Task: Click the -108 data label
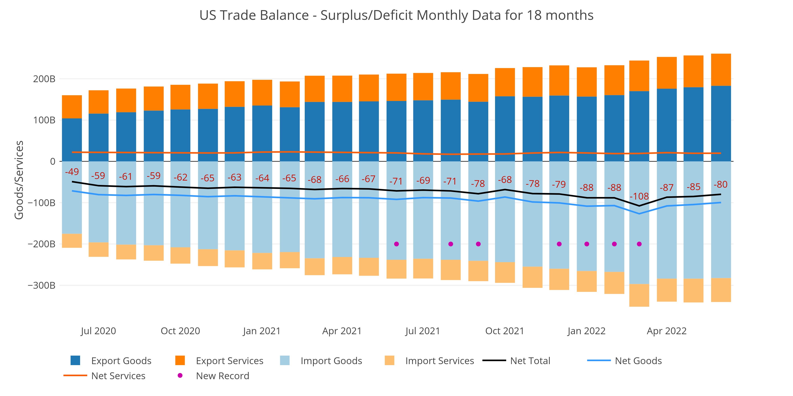click(x=639, y=196)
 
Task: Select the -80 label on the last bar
click(x=720, y=185)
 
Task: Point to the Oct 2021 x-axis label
click(x=505, y=331)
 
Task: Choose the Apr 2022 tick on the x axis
click(x=667, y=331)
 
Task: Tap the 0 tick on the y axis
click(x=53, y=161)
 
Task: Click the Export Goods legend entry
click(x=121, y=361)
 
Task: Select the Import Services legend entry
click(x=439, y=361)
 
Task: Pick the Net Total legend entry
click(x=530, y=361)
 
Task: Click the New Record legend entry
click(x=222, y=376)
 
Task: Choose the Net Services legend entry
click(x=118, y=376)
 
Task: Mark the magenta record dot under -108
click(x=639, y=244)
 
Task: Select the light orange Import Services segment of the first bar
click(x=72, y=241)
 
